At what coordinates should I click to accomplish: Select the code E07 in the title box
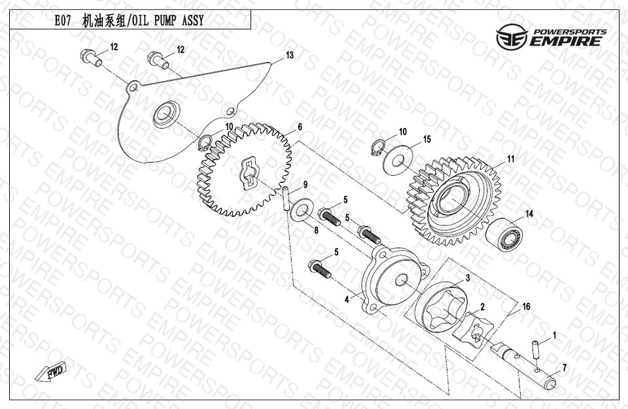click(63, 20)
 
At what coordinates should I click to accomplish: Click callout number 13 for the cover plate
click(289, 55)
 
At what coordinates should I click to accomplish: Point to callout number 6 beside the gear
click(300, 127)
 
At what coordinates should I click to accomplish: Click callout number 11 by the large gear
click(510, 159)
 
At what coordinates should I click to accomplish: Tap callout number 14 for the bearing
click(529, 214)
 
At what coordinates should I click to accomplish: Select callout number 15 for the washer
click(427, 139)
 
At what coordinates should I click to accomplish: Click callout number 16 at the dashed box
click(526, 306)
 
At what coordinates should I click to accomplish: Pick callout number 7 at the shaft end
click(565, 368)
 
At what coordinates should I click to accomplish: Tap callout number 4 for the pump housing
click(347, 299)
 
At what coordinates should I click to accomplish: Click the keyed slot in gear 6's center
click(250, 172)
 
